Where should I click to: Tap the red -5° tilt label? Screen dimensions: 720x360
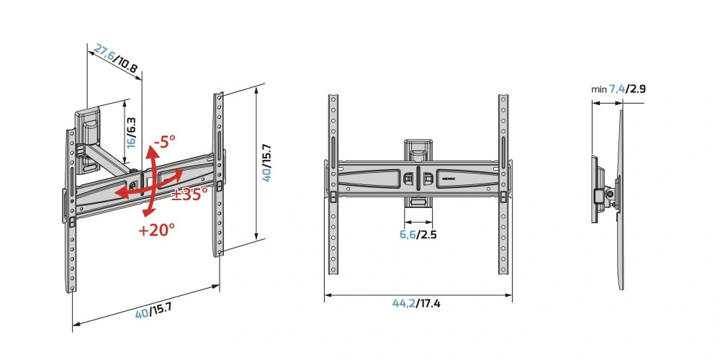point(165,141)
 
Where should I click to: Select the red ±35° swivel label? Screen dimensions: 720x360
point(189,194)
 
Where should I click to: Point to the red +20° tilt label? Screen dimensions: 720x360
point(156,229)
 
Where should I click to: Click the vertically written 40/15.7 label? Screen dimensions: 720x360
point(267,163)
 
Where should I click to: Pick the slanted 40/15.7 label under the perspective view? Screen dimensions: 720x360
point(153,311)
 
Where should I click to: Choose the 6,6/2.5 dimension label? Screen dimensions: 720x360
point(418,235)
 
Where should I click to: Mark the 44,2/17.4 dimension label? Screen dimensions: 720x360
point(416,303)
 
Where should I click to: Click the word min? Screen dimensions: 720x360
point(599,89)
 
